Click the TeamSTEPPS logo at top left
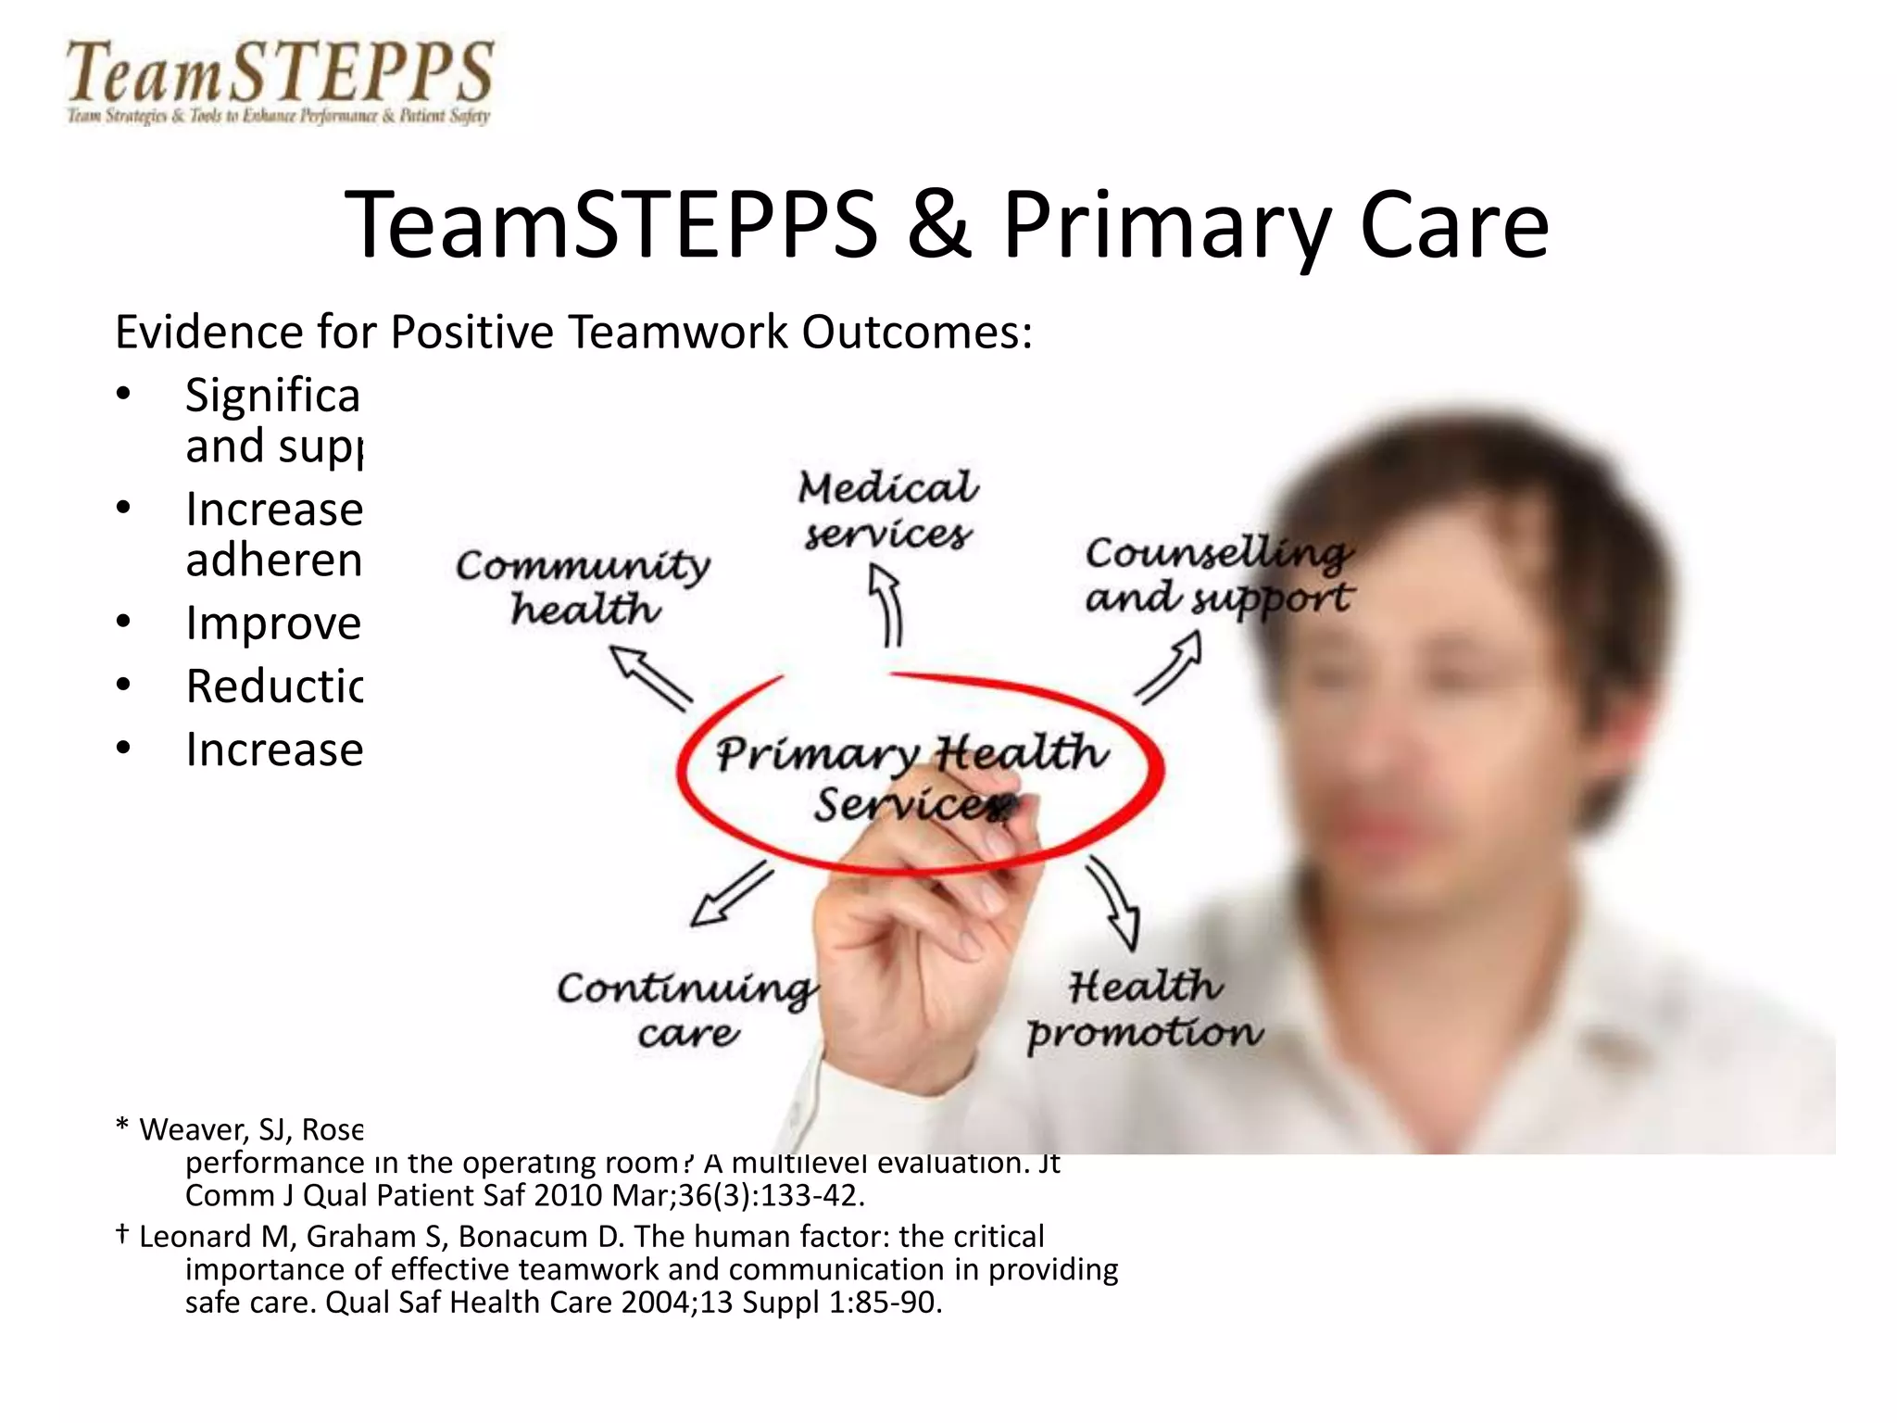pos(278,82)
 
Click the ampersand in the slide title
pos(938,224)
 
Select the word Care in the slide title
pos(1454,224)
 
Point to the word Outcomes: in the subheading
pos(916,332)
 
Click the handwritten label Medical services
pos(887,510)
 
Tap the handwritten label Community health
pos(584,586)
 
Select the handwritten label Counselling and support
pos(1218,575)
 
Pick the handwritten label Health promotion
pos(1145,1010)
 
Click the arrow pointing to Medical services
pos(887,606)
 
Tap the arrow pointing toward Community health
pos(650,677)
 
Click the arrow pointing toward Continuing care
pos(732,894)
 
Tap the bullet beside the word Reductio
pos(124,686)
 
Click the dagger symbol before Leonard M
pos(121,1234)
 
